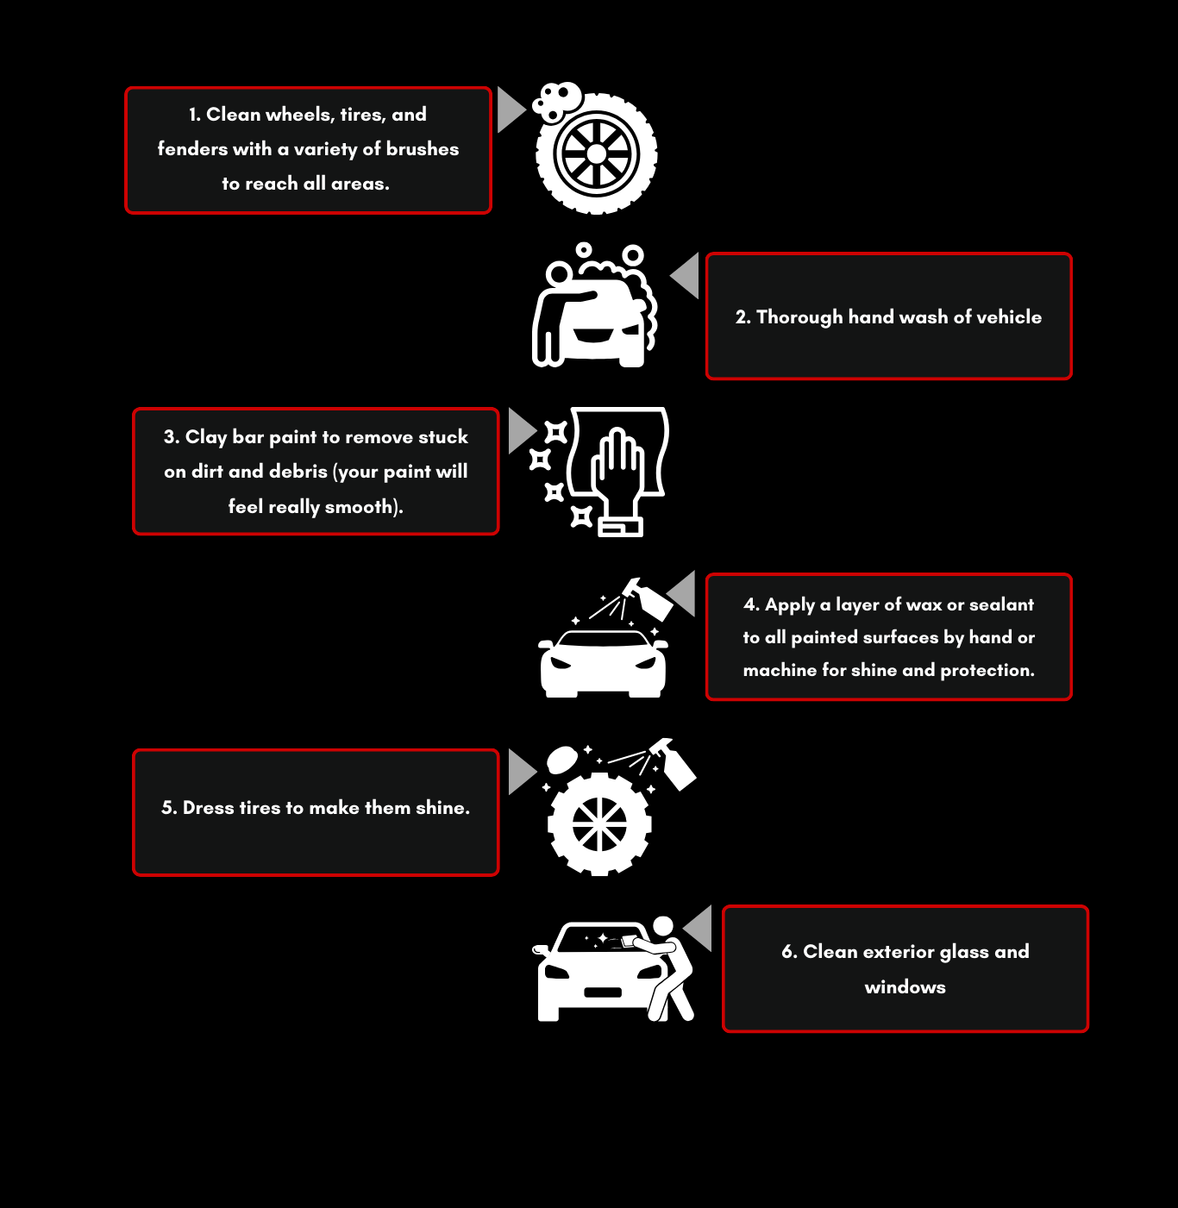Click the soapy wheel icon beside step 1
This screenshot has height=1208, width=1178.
tap(596, 152)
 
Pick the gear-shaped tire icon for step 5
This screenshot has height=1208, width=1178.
tap(599, 823)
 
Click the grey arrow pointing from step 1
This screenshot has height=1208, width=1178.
tap(510, 110)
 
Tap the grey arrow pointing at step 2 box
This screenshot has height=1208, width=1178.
tap(686, 275)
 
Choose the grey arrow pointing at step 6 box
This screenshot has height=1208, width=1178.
tap(699, 929)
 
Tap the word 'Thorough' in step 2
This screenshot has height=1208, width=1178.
tap(799, 317)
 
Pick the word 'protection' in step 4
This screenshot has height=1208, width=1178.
tap(986, 670)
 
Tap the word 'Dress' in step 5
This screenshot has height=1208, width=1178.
tap(209, 808)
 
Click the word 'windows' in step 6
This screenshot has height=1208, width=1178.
tap(905, 987)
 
